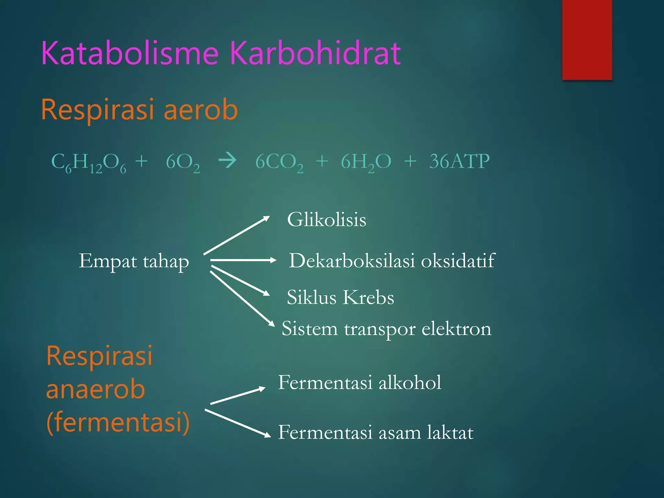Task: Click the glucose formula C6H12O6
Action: [89, 162]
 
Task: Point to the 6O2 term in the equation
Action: [183, 162]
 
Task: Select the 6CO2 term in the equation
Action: [279, 162]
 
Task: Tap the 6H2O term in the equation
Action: [366, 162]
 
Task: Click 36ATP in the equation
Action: [459, 161]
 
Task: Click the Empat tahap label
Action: [134, 261]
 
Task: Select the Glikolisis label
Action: [326, 220]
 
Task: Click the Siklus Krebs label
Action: [340, 297]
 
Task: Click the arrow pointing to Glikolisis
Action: [236, 235]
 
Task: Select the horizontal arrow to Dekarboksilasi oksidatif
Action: [243, 260]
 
